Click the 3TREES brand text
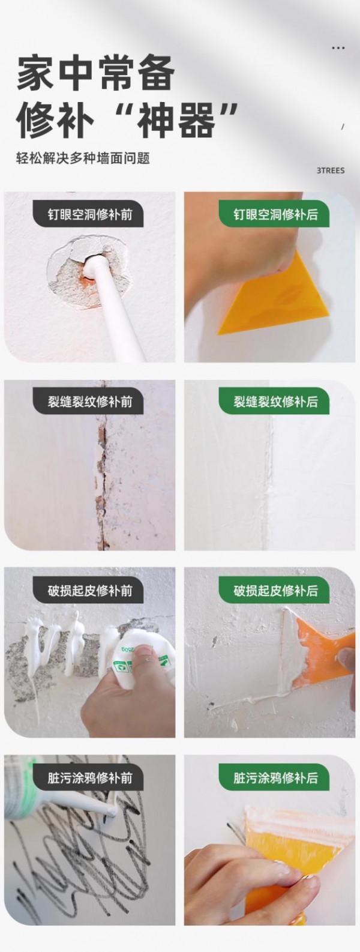tap(331, 170)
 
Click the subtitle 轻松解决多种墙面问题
tap(83, 158)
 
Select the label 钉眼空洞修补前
tap(90, 214)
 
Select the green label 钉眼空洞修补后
tap(275, 214)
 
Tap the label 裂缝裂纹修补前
tap(90, 402)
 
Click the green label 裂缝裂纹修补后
tap(275, 402)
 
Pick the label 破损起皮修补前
tap(90, 591)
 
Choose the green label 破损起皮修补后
tap(275, 591)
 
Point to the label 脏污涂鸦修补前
tap(90, 779)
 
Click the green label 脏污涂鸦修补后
tap(275, 779)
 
